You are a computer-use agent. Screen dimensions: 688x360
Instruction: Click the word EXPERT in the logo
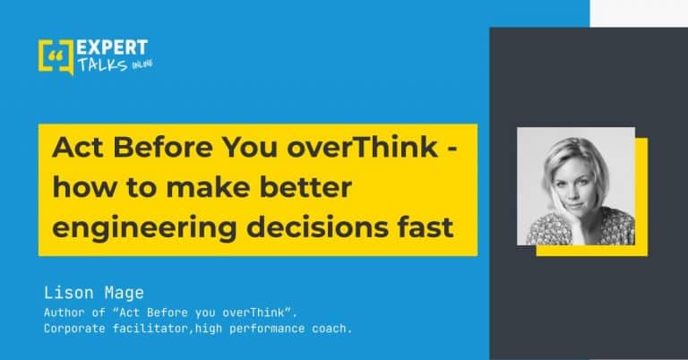[x=112, y=47]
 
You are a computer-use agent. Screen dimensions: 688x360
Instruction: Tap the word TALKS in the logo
[x=103, y=64]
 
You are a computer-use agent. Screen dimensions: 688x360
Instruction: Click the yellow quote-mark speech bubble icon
[x=56, y=57]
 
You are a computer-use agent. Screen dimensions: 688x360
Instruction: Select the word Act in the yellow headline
[x=77, y=147]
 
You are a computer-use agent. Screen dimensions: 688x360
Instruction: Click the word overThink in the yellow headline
[x=363, y=147]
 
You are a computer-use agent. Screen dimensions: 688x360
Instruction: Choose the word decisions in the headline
[x=317, y=227]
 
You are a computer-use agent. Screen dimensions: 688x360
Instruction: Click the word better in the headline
[x=305, y=187]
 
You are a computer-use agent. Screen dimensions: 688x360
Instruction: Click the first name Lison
[x=69, y=293]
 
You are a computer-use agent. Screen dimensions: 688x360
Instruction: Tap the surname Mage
[x=125, y=294]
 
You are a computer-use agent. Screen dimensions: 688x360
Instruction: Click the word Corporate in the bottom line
[x=74, y=329]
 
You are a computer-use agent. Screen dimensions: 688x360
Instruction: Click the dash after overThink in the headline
[x=452, y=149]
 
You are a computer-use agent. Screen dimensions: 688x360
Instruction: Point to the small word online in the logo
[x=142, y=64]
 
